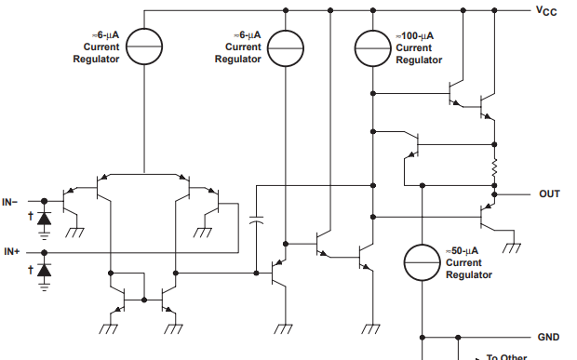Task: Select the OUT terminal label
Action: click(x=549, y=194)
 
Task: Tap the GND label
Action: click(x=548, y=337)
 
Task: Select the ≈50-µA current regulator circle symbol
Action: click(x=423, y=262)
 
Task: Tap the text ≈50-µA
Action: click(x=463, y=251)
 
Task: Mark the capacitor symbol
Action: click(x=256, y=221)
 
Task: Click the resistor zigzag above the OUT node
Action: click(x=495, y=170)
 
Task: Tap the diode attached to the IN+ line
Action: click(x=44, y=270)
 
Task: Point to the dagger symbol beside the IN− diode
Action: click(x=30, y=217)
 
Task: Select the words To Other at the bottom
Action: click(x=506, y=356)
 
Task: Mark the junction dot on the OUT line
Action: click(x=495, y=195)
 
